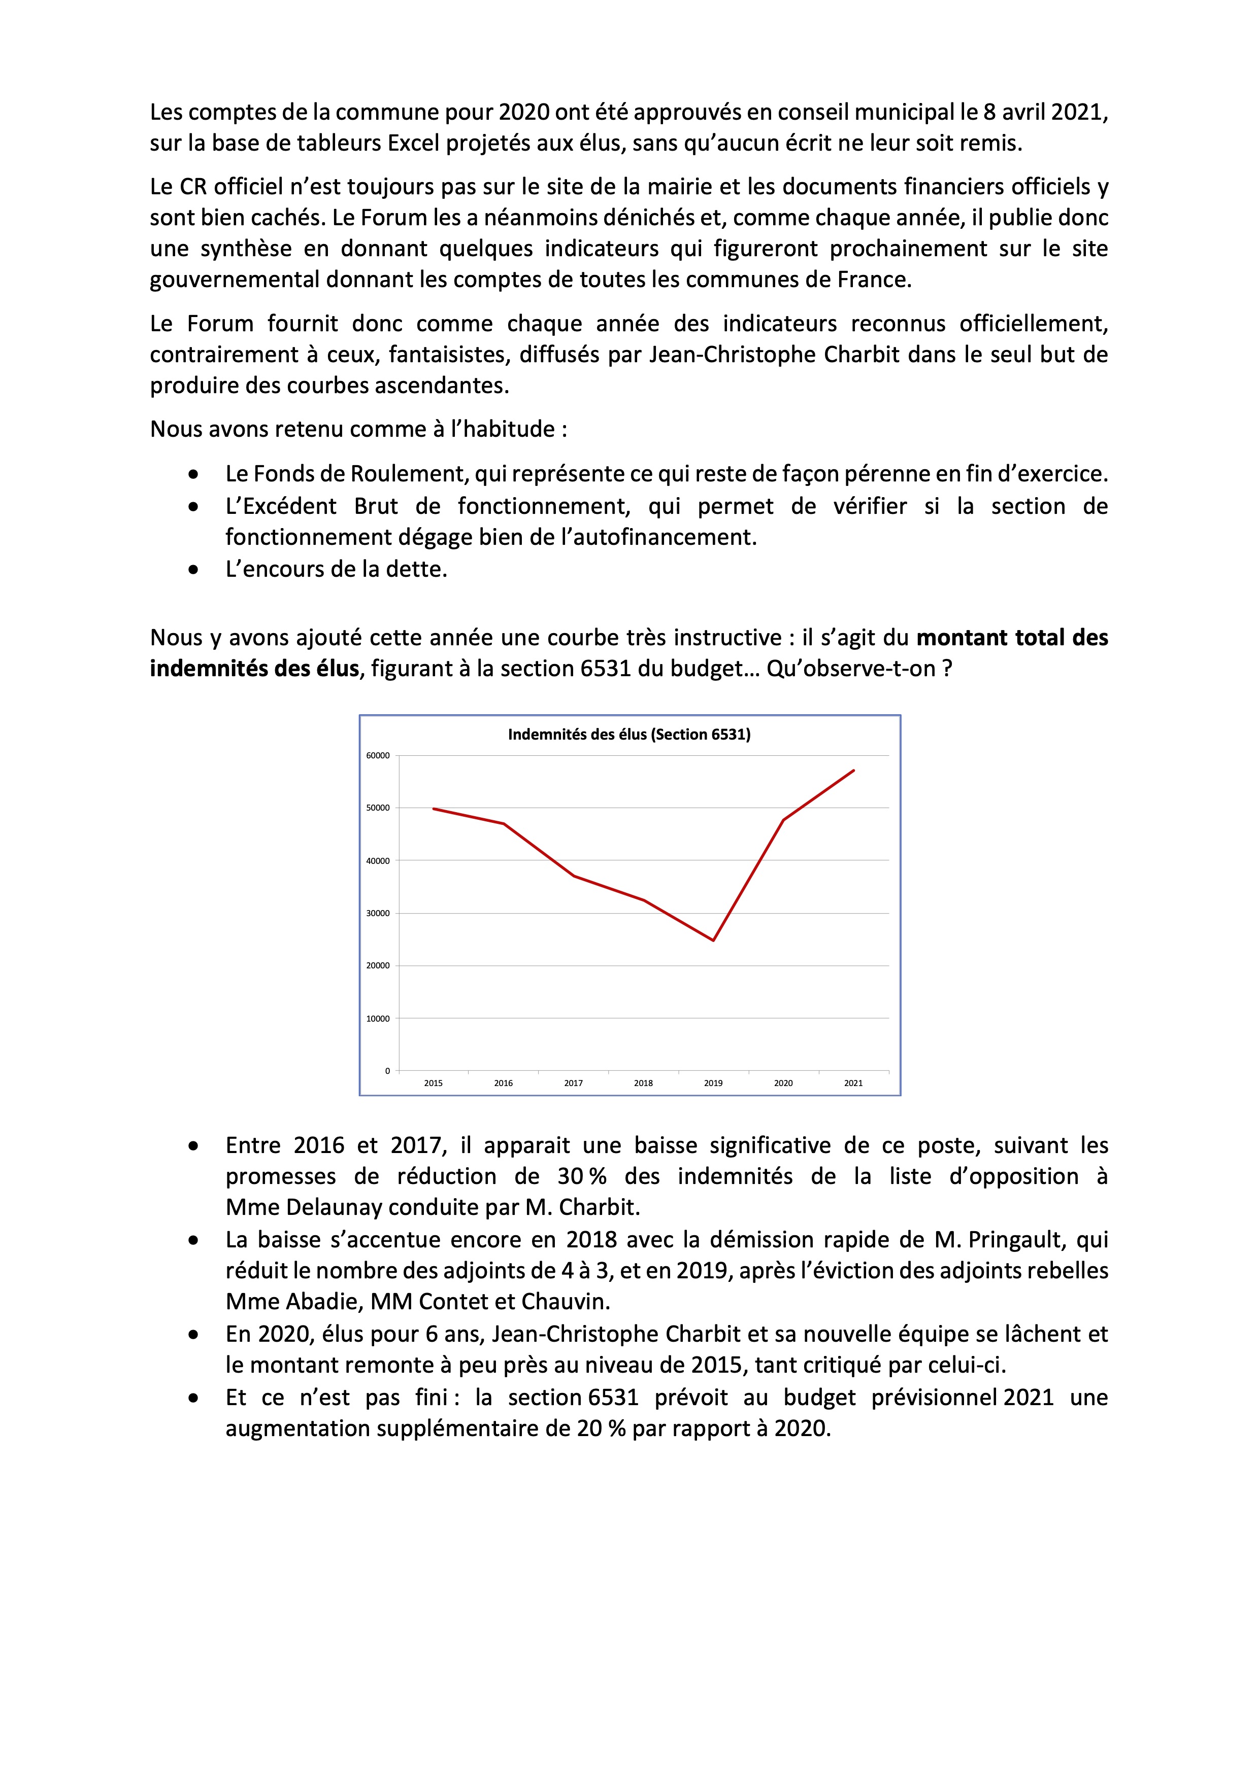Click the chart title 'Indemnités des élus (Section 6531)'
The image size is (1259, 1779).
[628, 735]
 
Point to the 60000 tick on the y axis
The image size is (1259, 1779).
[378, 755]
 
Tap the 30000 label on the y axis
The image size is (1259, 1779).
[378, 914]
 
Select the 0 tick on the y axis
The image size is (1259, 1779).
[387, 1071]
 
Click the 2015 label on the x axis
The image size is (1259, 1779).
[434, 1083]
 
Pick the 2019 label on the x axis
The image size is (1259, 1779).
[713, 1083]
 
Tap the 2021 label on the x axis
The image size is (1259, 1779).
[853, 1083]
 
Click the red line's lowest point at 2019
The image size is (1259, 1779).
[713, 940]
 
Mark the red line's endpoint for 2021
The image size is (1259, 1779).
[853, 770]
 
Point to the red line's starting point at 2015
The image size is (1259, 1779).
[434, 809]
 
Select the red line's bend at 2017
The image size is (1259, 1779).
[574, 877]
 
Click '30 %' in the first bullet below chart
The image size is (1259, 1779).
[581, 1176]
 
